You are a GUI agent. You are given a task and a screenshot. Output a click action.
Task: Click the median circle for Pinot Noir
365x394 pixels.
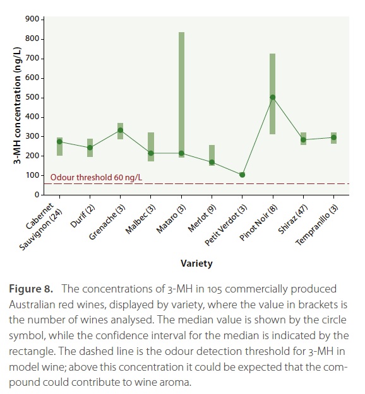click(273, 98)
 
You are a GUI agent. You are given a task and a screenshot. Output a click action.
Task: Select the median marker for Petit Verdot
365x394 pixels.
click(242, 175)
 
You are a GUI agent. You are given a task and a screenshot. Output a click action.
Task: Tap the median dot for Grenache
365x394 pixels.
click(121, 130)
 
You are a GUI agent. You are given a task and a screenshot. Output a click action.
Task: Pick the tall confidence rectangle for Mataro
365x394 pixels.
click(181, 95)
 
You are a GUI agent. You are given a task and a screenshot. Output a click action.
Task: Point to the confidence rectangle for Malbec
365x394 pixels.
click(151, 147)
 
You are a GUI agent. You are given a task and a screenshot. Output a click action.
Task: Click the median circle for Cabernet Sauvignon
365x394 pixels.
click(59, 142)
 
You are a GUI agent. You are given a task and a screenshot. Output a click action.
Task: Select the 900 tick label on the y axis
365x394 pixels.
click(32, 19)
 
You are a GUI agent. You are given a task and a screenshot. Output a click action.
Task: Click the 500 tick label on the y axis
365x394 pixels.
click(32, 97)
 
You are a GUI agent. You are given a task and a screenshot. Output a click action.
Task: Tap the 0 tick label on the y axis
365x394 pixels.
click(37, 195)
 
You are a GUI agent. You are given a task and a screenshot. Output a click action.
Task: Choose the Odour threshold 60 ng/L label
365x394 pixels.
click(96, 177)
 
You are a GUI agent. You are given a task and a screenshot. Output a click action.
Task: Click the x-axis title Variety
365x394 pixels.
click(196, 264)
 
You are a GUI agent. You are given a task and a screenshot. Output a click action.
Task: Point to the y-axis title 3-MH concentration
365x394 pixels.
click(17, 105)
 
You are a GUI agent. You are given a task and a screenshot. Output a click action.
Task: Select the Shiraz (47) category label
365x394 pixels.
click(293, 219)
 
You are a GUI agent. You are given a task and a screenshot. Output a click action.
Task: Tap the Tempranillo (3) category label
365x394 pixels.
click(316, 224)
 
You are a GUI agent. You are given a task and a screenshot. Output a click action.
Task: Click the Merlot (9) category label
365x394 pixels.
click(202, 218)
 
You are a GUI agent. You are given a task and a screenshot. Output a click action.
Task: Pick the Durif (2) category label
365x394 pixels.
click(83, 216)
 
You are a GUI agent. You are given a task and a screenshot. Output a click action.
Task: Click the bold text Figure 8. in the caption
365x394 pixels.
click(31, 289)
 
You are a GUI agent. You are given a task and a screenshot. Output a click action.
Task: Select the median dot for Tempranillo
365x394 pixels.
click(334, 137)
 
